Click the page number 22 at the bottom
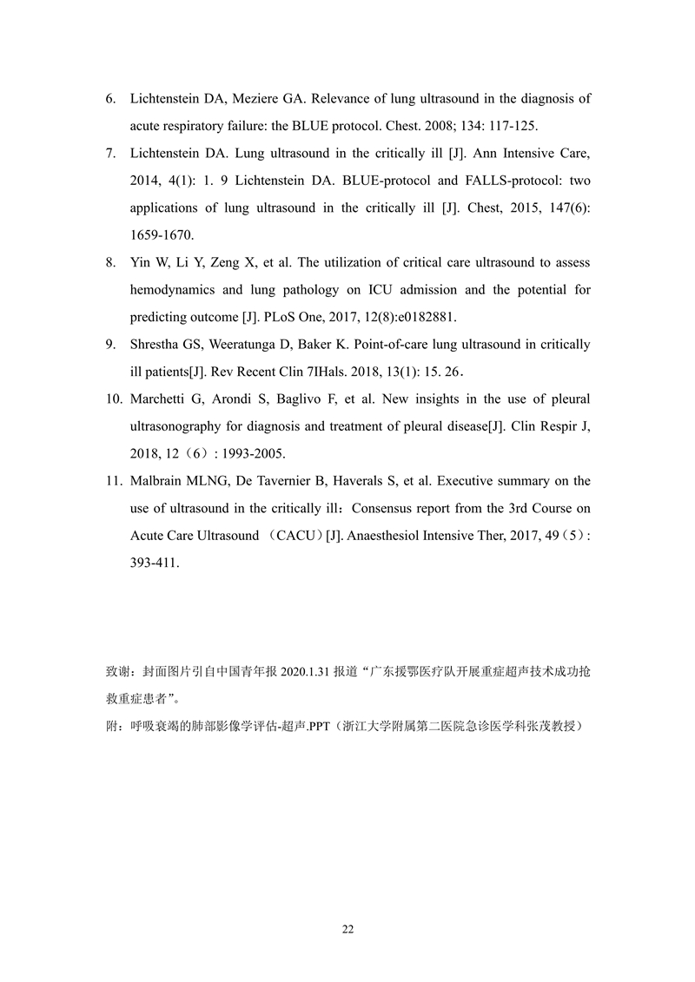click(347, 930)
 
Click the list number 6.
click(111, 100)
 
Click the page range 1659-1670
click(162, 235)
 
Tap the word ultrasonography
click(180, 426)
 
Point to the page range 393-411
click(154, 563)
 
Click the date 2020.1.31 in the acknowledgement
click(306, 671)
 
